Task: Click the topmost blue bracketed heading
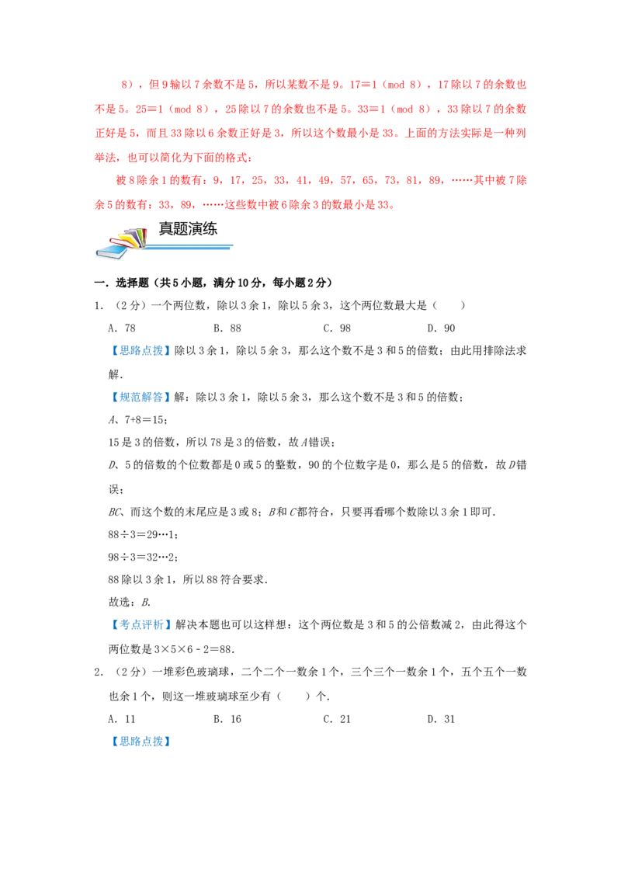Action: click(142, 351)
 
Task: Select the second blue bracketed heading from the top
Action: click(142, 398)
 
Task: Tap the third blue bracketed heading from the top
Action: click(142, 624)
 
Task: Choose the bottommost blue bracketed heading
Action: click(142, 742)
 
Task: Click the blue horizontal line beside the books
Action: click(190, 248)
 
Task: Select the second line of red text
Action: click(310, 108)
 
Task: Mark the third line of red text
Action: click(310, 133)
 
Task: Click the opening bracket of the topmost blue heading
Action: click(115, 351)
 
